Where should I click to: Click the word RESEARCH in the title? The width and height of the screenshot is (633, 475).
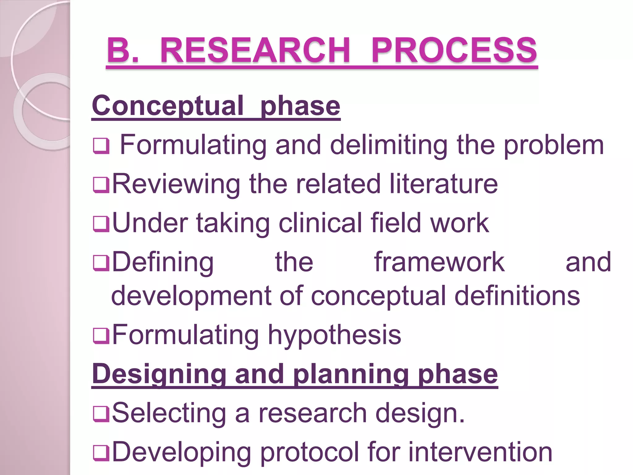(255, 50)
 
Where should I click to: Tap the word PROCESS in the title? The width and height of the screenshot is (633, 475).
(454, 50)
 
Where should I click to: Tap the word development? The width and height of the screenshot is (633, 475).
(191, 296)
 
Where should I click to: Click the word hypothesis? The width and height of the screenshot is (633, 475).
(334, 335)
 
